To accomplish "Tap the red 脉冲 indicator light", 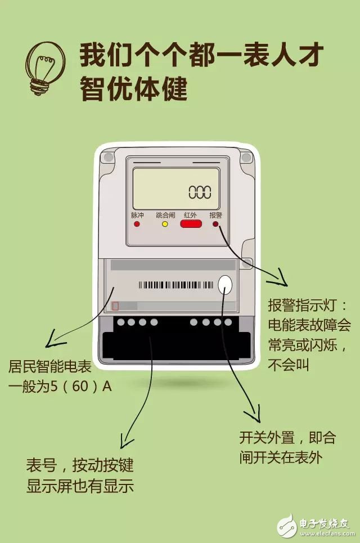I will click(x=137, y=224).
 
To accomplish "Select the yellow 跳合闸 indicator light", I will click(x=165, y=224).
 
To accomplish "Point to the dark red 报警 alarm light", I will click(x=215, y=224).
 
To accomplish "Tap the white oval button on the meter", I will click(x=225, y=285).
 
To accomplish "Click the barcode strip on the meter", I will click(x=175, y=285).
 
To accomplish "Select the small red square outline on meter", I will click(x=115, y=306).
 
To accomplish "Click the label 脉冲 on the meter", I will click(x=137, y=215).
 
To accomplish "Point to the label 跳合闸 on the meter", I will click(x=165, y=215).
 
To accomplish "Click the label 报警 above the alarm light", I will click(x=215, y=215).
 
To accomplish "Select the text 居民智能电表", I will click(x=49, y=367).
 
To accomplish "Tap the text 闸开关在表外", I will click(x=281, y=457).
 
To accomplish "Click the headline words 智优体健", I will click(x=133, y=89).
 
